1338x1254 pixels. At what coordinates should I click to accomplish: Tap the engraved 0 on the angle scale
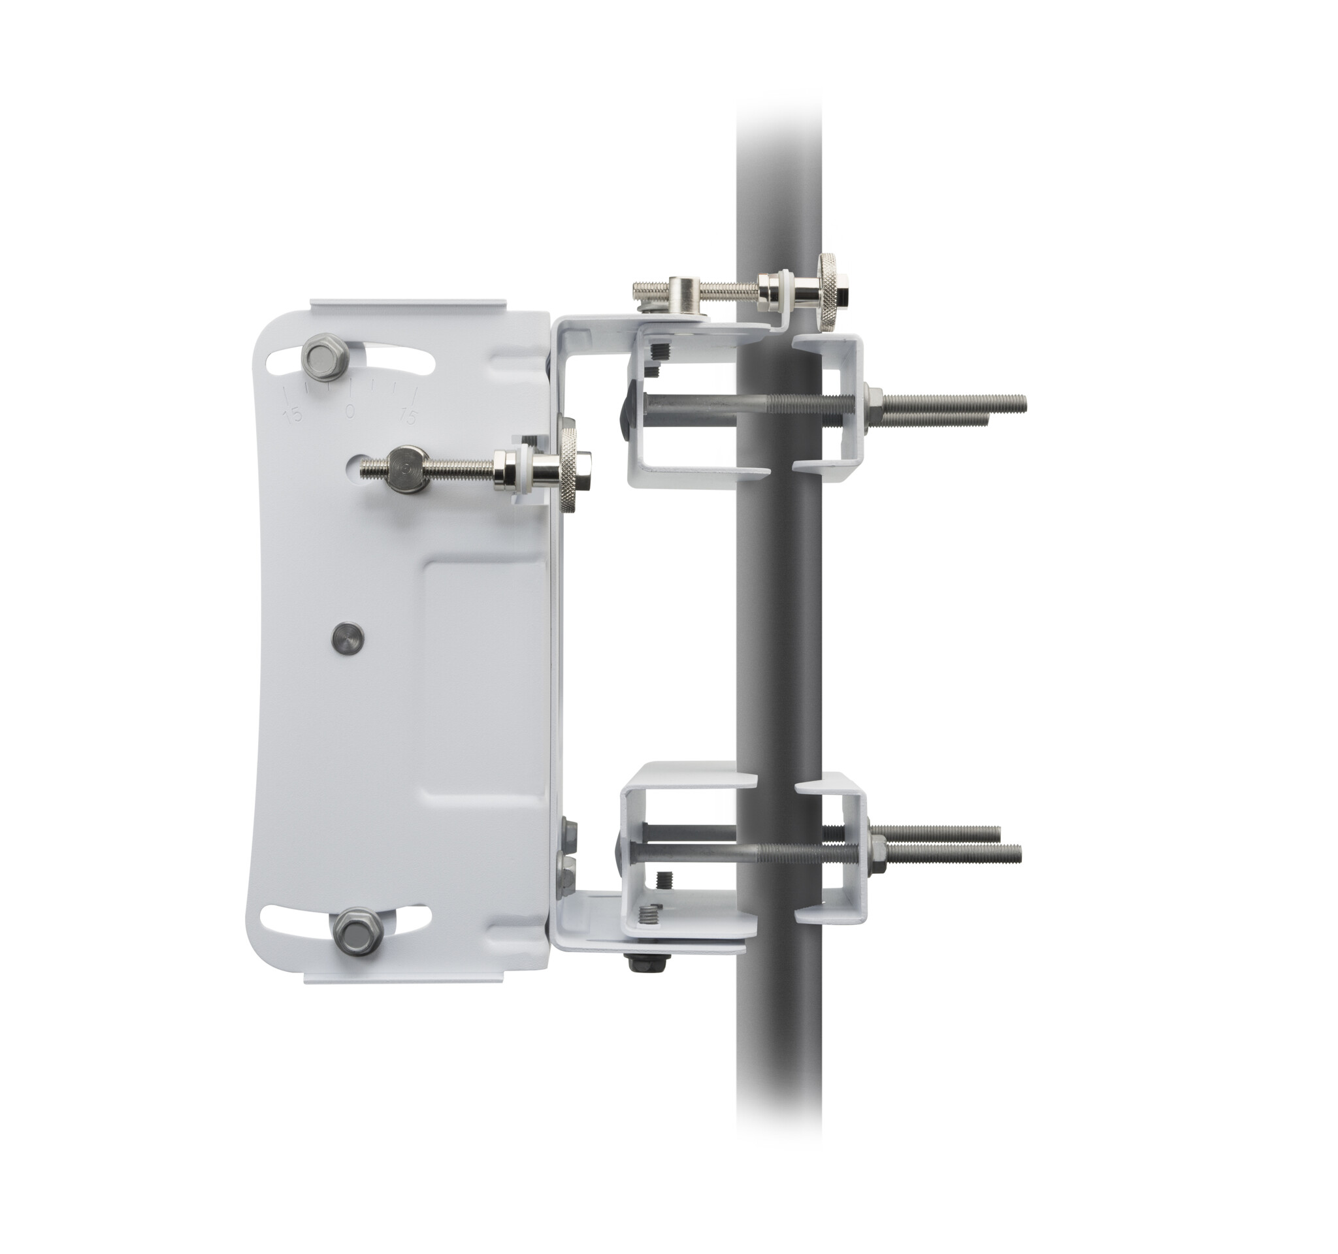(x=350, y=410)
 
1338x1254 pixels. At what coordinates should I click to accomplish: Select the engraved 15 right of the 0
(x=408, y=415)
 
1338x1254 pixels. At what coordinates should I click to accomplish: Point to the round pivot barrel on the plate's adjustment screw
(x=408, y=468)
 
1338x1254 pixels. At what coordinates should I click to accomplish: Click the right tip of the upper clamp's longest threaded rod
(x=1024, y=402)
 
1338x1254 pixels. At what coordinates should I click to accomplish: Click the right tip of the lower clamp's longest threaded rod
(x=1019, y=853)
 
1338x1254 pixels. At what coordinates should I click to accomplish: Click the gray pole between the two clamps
(x=779, y=626)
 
